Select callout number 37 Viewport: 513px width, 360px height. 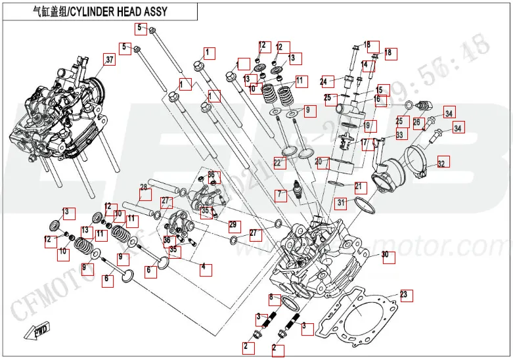point(109,60)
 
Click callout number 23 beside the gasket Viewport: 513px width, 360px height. point(403,294)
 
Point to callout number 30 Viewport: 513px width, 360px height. point(385,255)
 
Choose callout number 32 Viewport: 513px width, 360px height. point(441,163)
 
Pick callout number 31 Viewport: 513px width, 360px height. point(340,202)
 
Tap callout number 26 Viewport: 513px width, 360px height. point(416,122)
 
